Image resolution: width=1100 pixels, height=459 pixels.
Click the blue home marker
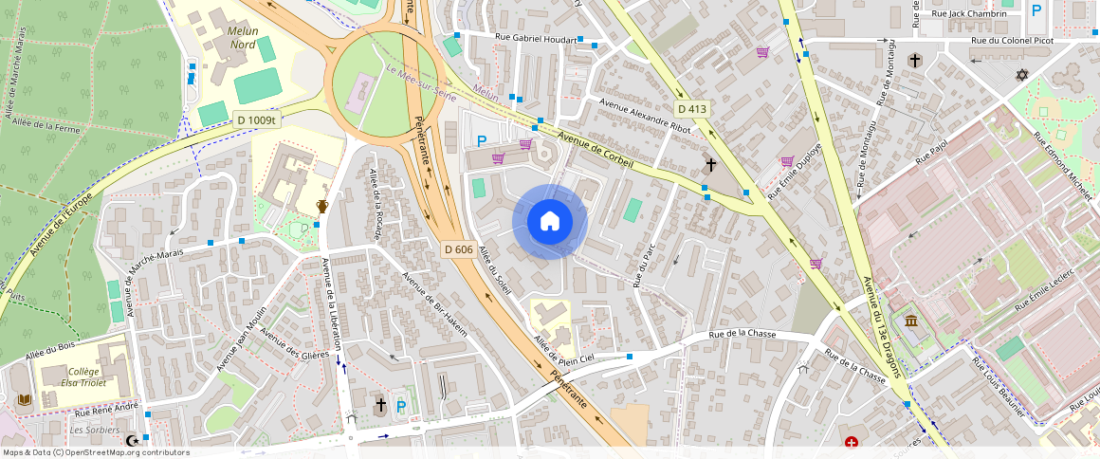(x=550, y=222)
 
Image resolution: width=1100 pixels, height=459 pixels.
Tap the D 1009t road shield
(x=256, y=119)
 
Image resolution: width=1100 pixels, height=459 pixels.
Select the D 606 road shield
(x=458, y=249)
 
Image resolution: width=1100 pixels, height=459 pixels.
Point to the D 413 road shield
(x=692, y=109)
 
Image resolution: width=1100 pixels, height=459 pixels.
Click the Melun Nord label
(x=243, y=37)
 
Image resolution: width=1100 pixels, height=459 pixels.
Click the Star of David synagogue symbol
(x=1021, y=75)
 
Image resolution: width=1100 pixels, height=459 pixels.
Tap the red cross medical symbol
(x=852, y=442)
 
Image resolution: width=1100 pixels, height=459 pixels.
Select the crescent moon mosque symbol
(x=134, y=441)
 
